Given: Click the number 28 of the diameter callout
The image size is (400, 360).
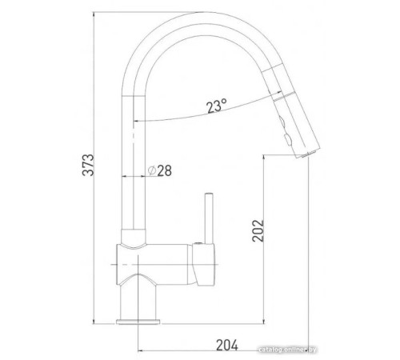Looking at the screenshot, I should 165,170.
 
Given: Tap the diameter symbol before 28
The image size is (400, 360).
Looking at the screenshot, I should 151,170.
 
